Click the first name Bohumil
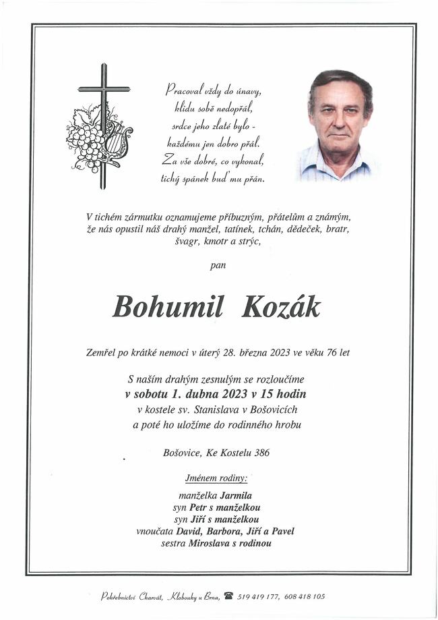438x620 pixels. click(x=168, y=307)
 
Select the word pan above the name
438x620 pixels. click(x=218, y=265)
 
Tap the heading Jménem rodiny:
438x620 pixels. click(x=216, y=478)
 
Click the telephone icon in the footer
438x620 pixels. click(x=228, y=596)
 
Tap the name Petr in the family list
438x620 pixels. click(x=197, y=507)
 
